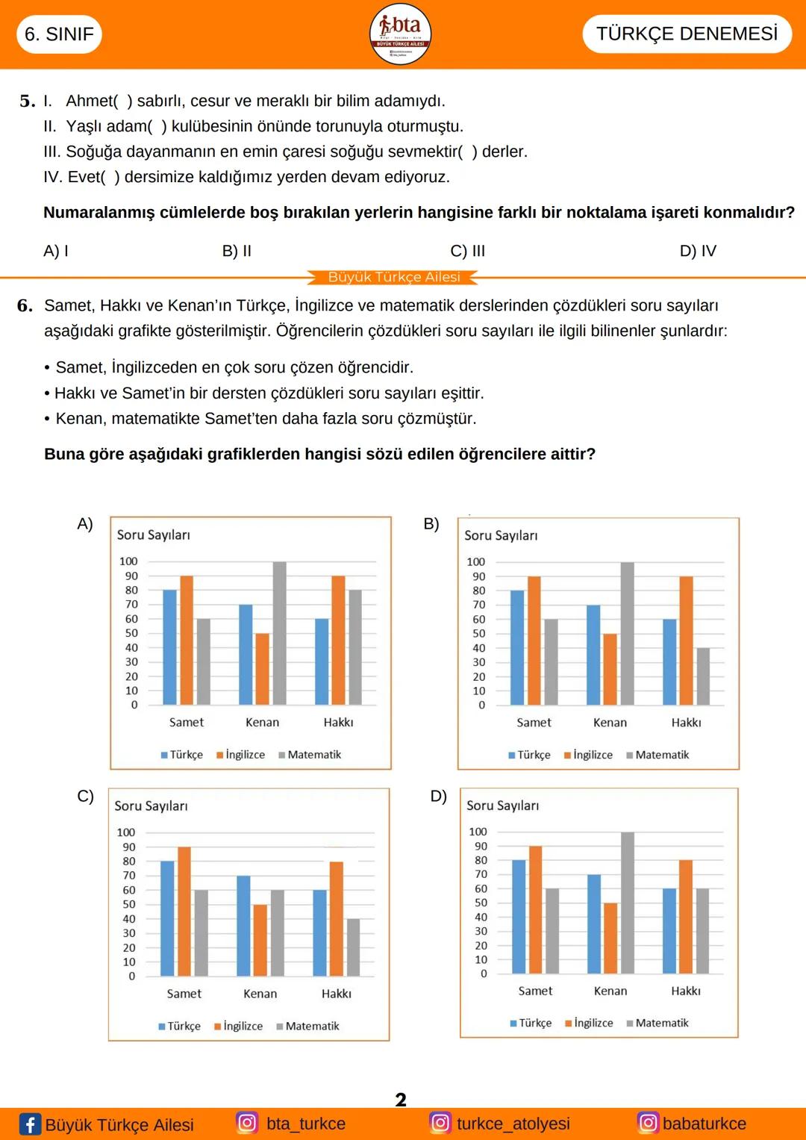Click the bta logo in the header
tap(401, 34)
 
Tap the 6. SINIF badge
tap(59, 34)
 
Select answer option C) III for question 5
tap(468, 251)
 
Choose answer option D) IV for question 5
tap(698, 251)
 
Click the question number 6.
tap(25, 305)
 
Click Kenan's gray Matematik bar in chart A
tap(279, 633)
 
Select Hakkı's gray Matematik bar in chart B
tap(703, 676)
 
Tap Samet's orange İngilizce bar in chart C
tap(184, 911)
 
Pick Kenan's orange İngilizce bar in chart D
tap(610, 938)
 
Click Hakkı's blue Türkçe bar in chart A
tap(322, 661)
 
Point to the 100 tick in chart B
tap(475, 561)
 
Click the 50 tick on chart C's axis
tap(129, 904)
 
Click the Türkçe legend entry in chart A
tap(182, 755)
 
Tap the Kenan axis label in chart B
tap(610, 723)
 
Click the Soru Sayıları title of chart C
tap(151, 806)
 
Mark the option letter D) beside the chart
tap(438, 796)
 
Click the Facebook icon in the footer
tap(30, 1124)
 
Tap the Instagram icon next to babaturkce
tap(648, 1123)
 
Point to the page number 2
tap(401, 1100)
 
